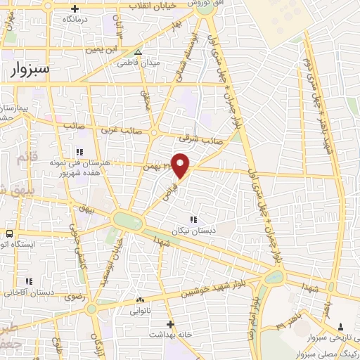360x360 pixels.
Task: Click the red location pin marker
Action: tap(181, 165)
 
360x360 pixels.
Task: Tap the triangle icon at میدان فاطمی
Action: tap(139, 52)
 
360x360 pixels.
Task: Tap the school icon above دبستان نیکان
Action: tap(193, 219)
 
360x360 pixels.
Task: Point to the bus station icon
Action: tap(9, 233)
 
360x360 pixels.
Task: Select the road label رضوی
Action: tap(75, 297)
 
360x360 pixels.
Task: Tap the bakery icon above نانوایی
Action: tap(141, 300)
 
